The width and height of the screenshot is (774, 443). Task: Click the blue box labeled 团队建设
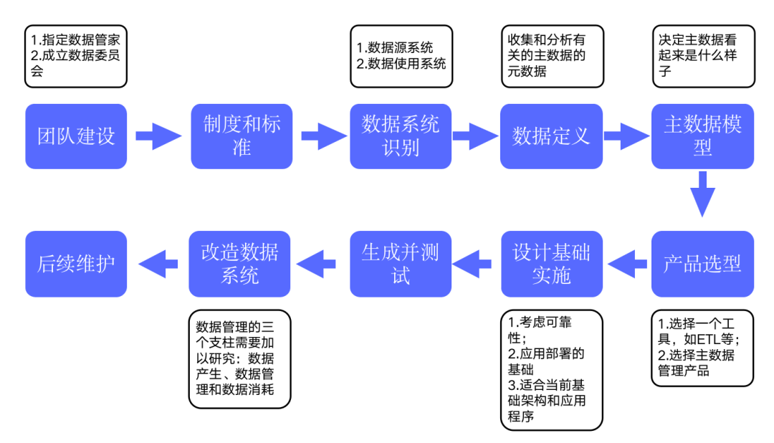tap(76, 136)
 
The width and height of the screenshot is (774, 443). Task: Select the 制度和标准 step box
tap(242, 136)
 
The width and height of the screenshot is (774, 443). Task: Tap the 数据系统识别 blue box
tap(401, 136)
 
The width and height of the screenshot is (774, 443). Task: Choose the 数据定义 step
tap(551, 136)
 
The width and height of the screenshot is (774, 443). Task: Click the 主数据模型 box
tap(702, 136)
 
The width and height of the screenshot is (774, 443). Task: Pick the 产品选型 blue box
tap(702, 264)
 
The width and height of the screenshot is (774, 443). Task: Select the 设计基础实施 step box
tap(551, 264)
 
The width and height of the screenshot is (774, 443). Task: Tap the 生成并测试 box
tap(401, 264)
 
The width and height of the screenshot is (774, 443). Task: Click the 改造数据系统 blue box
tap(239, 264)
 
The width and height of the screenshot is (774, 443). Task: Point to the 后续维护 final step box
tap(76, 264)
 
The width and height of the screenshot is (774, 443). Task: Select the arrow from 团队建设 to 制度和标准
tap(158, 136)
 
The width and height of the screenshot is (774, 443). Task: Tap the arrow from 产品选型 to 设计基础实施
tap(626, 264)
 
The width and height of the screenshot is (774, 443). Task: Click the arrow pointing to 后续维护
tap(158, 264)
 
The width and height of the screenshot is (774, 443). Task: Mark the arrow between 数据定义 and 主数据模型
tap(626, 136)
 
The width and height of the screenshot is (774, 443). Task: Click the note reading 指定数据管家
tap(76, 57)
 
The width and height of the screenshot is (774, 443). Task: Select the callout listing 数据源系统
tap(401, 57)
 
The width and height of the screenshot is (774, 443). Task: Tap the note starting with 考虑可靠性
tap(551, 370)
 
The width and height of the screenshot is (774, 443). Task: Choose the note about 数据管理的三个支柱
tap(239, 358)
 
